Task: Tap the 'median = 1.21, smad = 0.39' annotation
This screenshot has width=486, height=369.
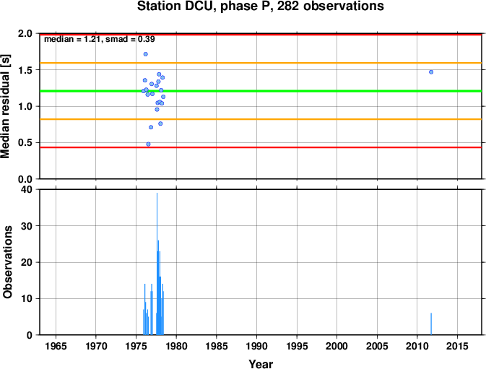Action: point(100,39)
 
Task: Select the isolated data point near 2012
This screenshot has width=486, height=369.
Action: point(431,72)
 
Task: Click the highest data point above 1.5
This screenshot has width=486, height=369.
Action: point(146,54)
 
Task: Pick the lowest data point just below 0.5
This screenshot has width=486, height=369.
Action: point(149,144)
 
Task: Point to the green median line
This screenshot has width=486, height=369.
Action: point(261,91)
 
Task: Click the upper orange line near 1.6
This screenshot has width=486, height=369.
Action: point(261,63)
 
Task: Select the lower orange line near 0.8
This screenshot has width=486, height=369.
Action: point(261,119)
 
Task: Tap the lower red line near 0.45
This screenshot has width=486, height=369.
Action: point(261,147)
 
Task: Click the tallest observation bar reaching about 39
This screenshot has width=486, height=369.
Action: point(157,264)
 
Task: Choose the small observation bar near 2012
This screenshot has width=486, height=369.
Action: point(431,324)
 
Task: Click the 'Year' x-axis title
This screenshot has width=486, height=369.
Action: point(261,364)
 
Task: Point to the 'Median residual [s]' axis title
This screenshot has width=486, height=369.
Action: point(5,106)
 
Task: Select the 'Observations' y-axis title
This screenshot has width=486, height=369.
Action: point(7,262)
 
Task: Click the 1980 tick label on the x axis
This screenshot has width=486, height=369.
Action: point(176,346)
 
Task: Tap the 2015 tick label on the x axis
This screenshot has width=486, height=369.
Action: point(458,346)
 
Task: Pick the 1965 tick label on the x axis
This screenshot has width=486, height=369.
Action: point(56,346)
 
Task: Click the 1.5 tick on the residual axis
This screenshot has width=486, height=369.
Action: point(26,70)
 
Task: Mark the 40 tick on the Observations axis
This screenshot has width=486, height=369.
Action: point(27,189)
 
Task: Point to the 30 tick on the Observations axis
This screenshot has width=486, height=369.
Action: point(27,226)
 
